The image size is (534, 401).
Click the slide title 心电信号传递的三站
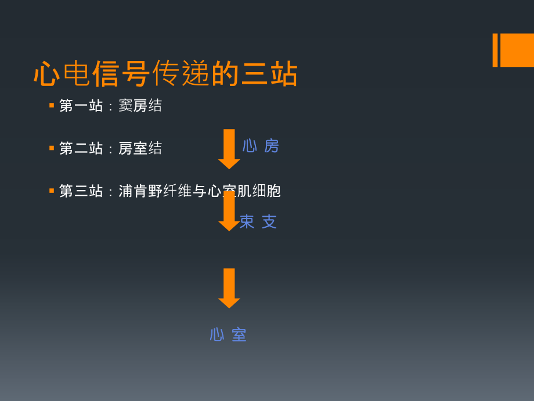click(x=165, y=74)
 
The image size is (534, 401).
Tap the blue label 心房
click(x=261, y=146)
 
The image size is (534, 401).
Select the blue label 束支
click(x=258, y=221)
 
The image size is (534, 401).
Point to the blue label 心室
click(x=228, y=335)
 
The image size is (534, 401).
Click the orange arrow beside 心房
click(x=229, y=149)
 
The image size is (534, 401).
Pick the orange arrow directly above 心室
click(x=229, y=288)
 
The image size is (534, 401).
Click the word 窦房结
click(x=140, y=106)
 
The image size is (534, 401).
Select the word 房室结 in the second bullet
click(x=140, y=148)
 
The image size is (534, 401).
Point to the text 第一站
click(x=81, y=106)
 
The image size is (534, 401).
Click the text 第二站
click(x=81, y=148)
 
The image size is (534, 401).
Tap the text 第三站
click(x=81, y=191)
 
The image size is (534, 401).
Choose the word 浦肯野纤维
click(x=155, y=191)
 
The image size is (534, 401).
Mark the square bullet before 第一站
click(x=52, y=105)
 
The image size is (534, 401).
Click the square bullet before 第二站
click(x=52, y=148)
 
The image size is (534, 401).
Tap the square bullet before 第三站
click(x=52, y=190)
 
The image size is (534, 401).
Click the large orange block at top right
click(x=517, y=50)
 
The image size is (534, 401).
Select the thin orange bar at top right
click(x=495, y=50)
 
